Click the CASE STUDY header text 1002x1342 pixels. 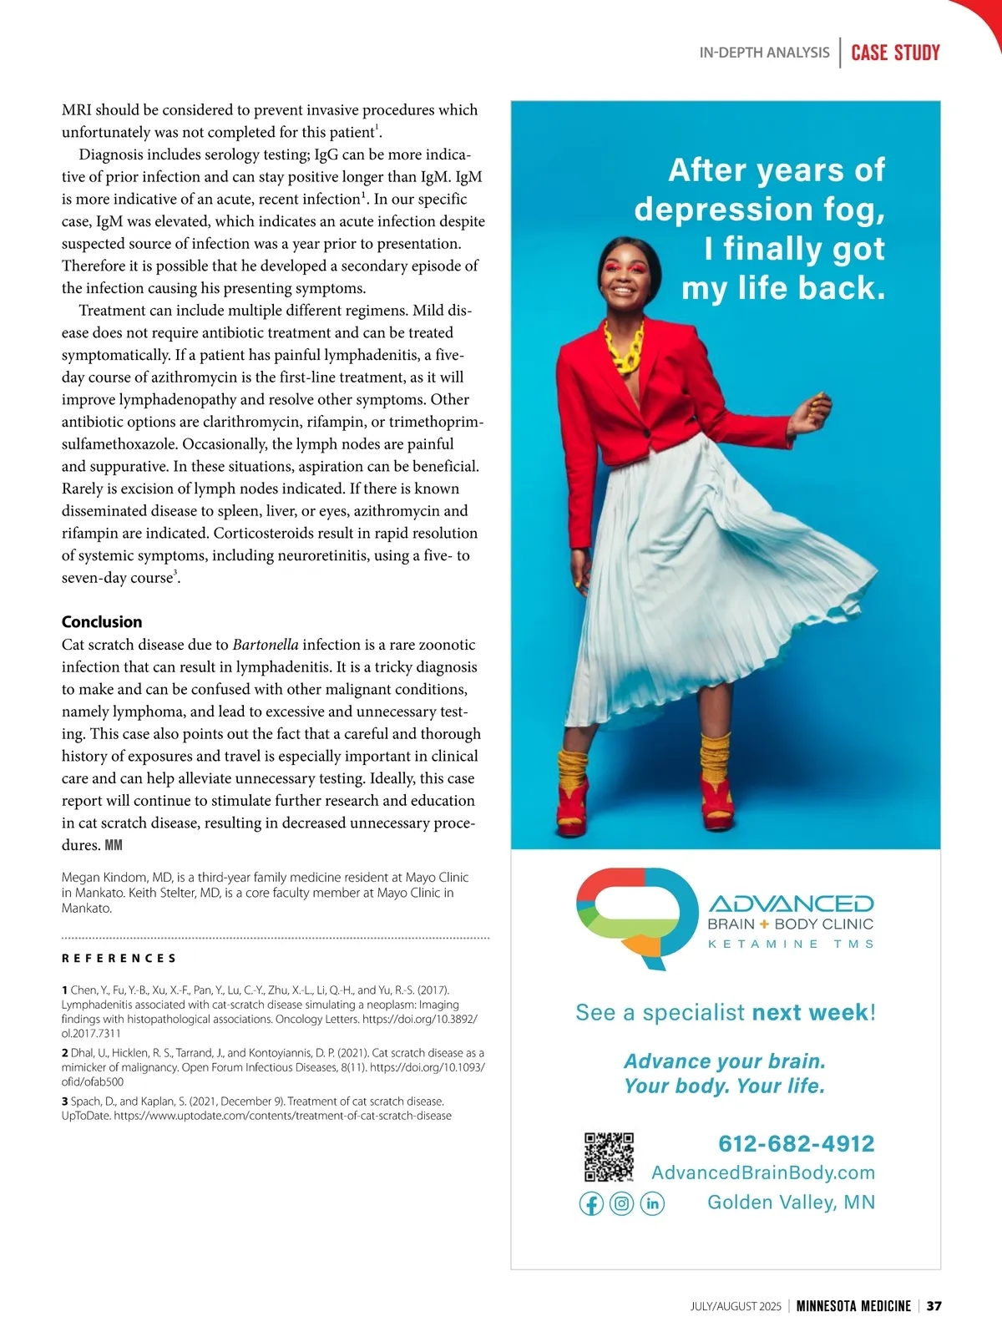pyautogui.click(x=895, y=53)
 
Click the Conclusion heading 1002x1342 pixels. pyautogui.click(x=102, y=621)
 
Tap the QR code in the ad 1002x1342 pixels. pyautogui.click(x=609, y=1157)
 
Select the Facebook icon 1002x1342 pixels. pyautogui.click(x=591, y=1203)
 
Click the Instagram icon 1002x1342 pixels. pyautogui.click(x=621, y=1203)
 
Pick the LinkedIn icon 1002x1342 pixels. pyautogui.click(x=652, y=1203)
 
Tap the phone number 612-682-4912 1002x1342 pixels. pyautogui.click(x=796, y=1143)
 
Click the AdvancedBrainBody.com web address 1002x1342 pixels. pyautogui.click(x=763, y=1172)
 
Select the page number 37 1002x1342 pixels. pyautogui.click(x=934, y=1305)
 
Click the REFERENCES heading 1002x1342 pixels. pyautogui.click(x=119, y=958)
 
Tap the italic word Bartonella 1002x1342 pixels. pyautogui.click(x=265, y=645)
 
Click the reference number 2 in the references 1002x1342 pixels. pyautogui.click(x=65, y=1053)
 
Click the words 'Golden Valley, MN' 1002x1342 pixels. pyautogui.click(x=791, y=1202)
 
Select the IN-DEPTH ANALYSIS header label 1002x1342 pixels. pyautogui.click(x=764, y=53)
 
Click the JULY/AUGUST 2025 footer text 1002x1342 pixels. pyautogui.click(x=736, y=1306)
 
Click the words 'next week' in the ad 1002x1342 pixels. pyautogui.click(x=810, y=1012)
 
